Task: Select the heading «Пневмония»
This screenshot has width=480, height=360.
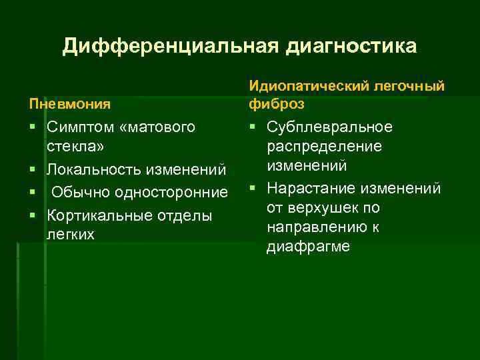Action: pos(69,105)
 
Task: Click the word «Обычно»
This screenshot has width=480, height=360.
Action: pos(81,193)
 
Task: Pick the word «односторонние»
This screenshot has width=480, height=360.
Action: pos(171,193)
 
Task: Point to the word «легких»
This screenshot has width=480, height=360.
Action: pos(71,234)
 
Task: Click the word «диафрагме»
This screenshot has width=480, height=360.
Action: pos(308,246)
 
